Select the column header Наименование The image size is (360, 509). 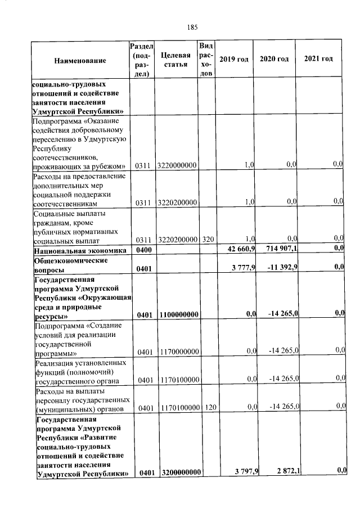80,60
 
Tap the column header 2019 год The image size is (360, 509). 233,59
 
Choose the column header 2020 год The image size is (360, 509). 274,59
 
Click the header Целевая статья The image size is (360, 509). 175,60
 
